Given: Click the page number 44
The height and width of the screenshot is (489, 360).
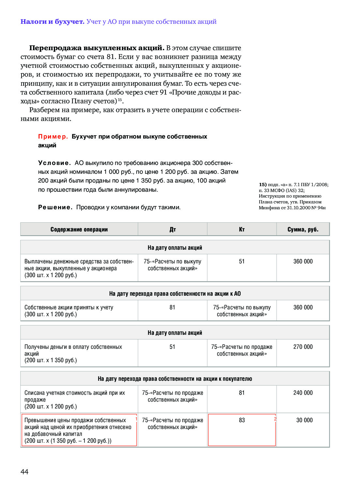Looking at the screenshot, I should [24, 472].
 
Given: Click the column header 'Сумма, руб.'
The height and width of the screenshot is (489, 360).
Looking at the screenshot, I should [303, 230].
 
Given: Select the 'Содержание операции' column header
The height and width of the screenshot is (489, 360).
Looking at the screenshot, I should [79, 230].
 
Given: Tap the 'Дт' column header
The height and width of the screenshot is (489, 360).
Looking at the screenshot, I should [172, 230].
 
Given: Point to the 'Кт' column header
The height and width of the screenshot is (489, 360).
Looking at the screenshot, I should [242, 230].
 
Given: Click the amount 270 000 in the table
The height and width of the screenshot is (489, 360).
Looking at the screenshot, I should [303, 347].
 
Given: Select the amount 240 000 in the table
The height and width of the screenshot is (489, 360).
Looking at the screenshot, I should [303, 393].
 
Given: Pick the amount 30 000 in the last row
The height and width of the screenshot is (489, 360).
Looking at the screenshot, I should [304, 420].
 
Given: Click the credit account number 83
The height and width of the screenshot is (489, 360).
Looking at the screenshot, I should [242, 420].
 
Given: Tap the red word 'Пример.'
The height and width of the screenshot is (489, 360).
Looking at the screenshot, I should [53, 137].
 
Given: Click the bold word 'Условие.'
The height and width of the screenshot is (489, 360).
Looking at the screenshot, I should [54, 163].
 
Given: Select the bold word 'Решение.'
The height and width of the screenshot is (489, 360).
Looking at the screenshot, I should [55, 207].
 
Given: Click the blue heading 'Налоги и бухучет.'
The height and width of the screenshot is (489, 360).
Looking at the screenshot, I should [52, 22].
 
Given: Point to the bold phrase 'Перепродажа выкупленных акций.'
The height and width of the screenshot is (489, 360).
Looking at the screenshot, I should [97, 48].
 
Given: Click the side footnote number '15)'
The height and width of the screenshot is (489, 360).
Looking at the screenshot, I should [262, 185].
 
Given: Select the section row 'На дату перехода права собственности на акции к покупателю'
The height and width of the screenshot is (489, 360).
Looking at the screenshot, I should [175, 379].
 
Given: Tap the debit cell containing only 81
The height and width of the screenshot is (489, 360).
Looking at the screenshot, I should [172, 307].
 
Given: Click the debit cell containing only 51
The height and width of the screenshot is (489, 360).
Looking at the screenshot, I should [172, 347].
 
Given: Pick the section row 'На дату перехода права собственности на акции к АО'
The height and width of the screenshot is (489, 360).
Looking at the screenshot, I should [175, 294].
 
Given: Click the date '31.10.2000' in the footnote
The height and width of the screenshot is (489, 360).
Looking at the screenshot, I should [298, 208].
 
